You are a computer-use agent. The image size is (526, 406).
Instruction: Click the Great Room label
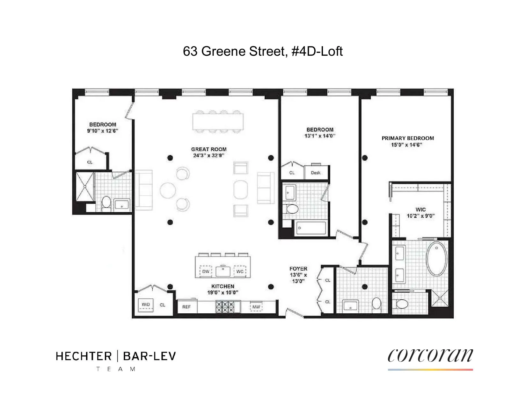click(x=209, y=149)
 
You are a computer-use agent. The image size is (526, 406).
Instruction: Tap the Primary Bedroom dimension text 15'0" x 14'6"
click(x=407, y=145)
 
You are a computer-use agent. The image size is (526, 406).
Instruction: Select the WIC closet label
click(x=420, y=210)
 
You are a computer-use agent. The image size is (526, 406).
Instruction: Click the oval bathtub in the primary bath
click(x=437, y=259)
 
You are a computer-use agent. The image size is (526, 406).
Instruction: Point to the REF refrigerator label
click(x=186, y=307)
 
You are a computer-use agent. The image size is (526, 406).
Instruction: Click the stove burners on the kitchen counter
click(x=225, y=307)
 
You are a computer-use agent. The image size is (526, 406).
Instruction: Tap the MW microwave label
click(x=256, y=307)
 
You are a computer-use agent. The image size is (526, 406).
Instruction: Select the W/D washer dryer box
click(x=146, y=305)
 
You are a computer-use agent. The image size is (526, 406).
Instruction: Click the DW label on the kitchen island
click(x=206, y=272)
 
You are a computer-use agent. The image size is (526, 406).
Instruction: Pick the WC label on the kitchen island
click(x=240, y=272)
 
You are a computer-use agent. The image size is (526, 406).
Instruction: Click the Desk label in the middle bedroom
click(x=316, y=173)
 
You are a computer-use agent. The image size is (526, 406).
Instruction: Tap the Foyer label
click(x=298, y=269)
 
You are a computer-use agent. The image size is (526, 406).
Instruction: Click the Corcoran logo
click(x=430, y=356)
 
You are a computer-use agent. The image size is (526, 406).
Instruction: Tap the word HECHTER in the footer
click(x=84, y=356)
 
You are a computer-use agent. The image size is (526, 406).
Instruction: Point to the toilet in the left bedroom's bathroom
click(x=106, y=204)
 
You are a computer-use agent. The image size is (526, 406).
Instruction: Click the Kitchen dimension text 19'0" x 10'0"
click(x=223, y=293)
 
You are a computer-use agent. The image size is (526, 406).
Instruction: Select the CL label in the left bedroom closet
click(x=90, y=162)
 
